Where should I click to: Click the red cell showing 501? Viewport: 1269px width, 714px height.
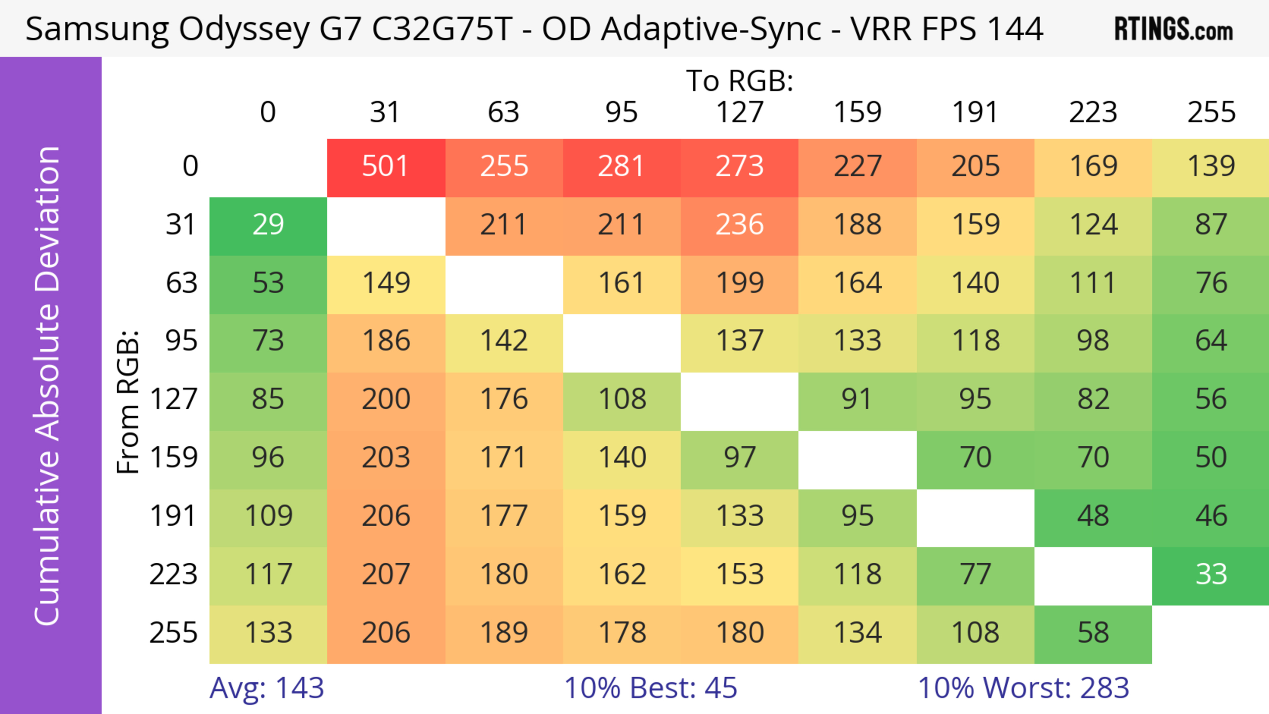click(385, 167)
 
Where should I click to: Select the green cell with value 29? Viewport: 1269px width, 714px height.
click(268, 225)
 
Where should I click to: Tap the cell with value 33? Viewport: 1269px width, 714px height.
click(1211, 575)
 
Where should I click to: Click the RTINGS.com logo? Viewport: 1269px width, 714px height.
click(1173, 29)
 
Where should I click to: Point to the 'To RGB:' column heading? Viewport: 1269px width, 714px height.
click(740, 81)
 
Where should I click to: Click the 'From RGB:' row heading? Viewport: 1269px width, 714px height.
click(128, 402)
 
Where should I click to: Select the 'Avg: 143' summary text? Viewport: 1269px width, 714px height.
click(266, 688)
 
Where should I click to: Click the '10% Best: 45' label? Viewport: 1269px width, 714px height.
click(650, 688)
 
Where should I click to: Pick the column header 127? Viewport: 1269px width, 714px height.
click(740, 112)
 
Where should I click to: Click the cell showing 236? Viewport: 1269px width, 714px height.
click(740, 225)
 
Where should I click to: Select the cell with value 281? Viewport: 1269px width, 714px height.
click(621, 167)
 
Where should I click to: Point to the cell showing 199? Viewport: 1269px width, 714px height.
click(740, 283)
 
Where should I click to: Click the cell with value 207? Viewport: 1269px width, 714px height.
click(385, 575)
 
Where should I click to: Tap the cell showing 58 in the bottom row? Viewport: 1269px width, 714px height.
click(1093, 633)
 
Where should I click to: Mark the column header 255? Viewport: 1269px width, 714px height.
click(1211, 112)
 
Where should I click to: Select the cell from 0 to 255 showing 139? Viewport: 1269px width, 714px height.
click(1211, 167)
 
